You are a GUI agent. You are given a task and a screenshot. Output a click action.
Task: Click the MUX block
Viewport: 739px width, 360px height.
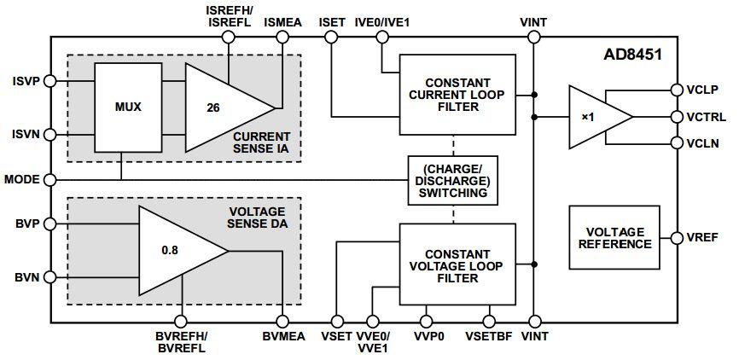click(x=127, y=108)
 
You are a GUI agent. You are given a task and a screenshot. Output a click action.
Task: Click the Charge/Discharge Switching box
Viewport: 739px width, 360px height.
click(x=452, y=180)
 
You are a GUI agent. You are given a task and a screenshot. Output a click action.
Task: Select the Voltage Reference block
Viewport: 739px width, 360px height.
click(x=614, y=237)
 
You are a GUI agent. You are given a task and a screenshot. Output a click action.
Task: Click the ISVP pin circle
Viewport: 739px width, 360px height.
click(x=50, y=81)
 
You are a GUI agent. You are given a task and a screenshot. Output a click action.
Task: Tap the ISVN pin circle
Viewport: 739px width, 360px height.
click(x=50, y=135)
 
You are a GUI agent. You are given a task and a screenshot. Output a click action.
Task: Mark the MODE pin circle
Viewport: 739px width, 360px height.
click(x=50, y=180)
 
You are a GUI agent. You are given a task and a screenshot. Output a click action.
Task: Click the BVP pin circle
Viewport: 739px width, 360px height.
click(x=50, y=224)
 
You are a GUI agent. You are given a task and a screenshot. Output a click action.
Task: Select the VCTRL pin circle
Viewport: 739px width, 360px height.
click(x=676, y=116)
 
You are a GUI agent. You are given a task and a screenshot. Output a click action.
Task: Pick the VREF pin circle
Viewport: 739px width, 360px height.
click(x=676, y=237)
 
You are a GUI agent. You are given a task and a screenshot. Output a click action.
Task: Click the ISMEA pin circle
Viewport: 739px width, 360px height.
click(x=282, y=38)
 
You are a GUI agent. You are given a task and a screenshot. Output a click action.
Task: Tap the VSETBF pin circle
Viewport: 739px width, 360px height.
click(x=489, y=322)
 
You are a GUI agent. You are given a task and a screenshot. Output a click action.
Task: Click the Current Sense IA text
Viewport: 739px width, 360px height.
click(x=261, y=142)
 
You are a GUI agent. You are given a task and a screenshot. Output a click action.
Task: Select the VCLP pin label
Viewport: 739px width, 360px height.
click(x=702, y=89)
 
